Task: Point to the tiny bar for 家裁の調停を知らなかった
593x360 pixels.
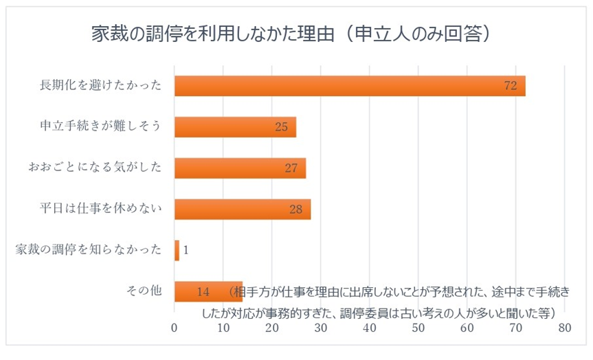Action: pyautogui.click(x=177, y=251)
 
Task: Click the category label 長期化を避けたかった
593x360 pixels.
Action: pyautogui.click(x=100, y=86)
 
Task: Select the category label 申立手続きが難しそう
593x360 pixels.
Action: pyautogui.click(x=100, y=127)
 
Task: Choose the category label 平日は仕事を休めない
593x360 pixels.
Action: pyautogui.click(x=100, y=210)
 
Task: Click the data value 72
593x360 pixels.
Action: pyautogui.click(x=510, y=87)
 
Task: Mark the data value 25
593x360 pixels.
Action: pyautogui.click(x=280, y=128)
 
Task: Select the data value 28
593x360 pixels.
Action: pyautogui.click(x=296, y=210)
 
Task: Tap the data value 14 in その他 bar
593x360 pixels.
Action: pyautogui.click(x=203, y=292)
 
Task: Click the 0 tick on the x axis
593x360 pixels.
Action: pyautogui.click(x=175, y=329)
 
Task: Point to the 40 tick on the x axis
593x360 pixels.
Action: pyautogui.click(x=370, y=329)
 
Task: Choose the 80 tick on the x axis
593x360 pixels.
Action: pyautogui.click(x=565, y=329)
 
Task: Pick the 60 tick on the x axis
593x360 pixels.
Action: pyautogui.click(x=467, y=329)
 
